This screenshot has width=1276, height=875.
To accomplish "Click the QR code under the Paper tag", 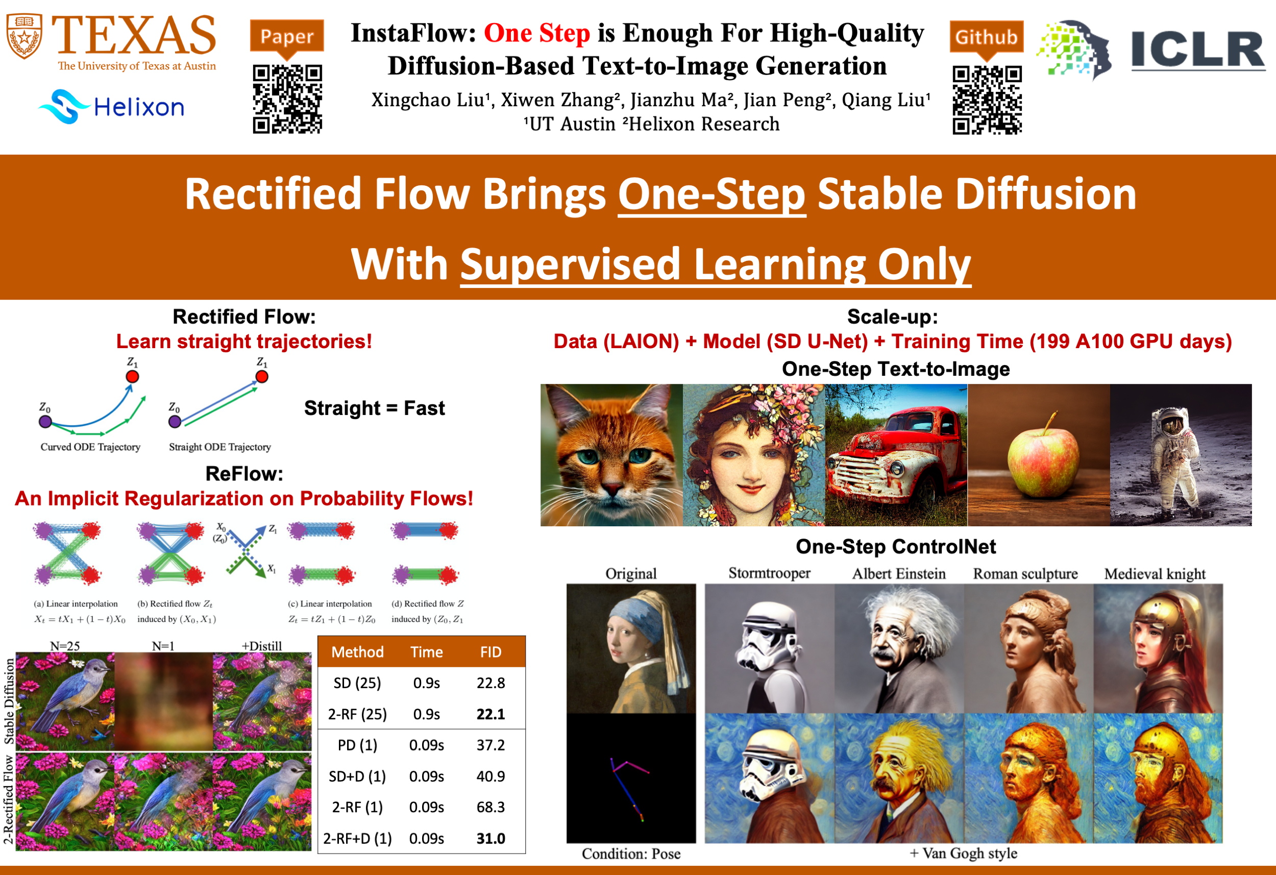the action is (287, 99).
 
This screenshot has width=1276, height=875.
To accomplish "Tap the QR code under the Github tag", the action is (987, 100).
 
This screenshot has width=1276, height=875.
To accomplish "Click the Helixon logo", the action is (111, 107).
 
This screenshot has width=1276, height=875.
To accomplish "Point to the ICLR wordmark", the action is (1197, 51).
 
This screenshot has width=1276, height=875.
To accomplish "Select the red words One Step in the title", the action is (536, 33).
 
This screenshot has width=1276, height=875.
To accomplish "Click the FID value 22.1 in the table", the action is (490, 714).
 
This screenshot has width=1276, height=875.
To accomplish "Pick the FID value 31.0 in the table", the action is (490, 838).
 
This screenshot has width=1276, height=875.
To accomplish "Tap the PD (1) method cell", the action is (357, 745).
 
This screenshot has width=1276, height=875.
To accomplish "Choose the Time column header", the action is (427, 652).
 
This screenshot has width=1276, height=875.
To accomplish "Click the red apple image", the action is (1038, 455).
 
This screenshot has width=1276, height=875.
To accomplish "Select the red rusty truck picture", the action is (896, 455).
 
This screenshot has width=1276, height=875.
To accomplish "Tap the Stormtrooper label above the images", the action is (769, 573).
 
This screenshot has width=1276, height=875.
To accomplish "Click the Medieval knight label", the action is (1155, 573).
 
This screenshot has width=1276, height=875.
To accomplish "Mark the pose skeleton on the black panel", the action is (630, 788).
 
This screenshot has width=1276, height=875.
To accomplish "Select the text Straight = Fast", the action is (375, 408).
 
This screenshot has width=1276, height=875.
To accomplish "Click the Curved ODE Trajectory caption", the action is (90, 447).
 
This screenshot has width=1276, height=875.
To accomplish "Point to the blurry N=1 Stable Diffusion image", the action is (164, 701).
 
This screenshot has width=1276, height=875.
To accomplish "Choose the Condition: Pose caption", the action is (631, 854).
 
